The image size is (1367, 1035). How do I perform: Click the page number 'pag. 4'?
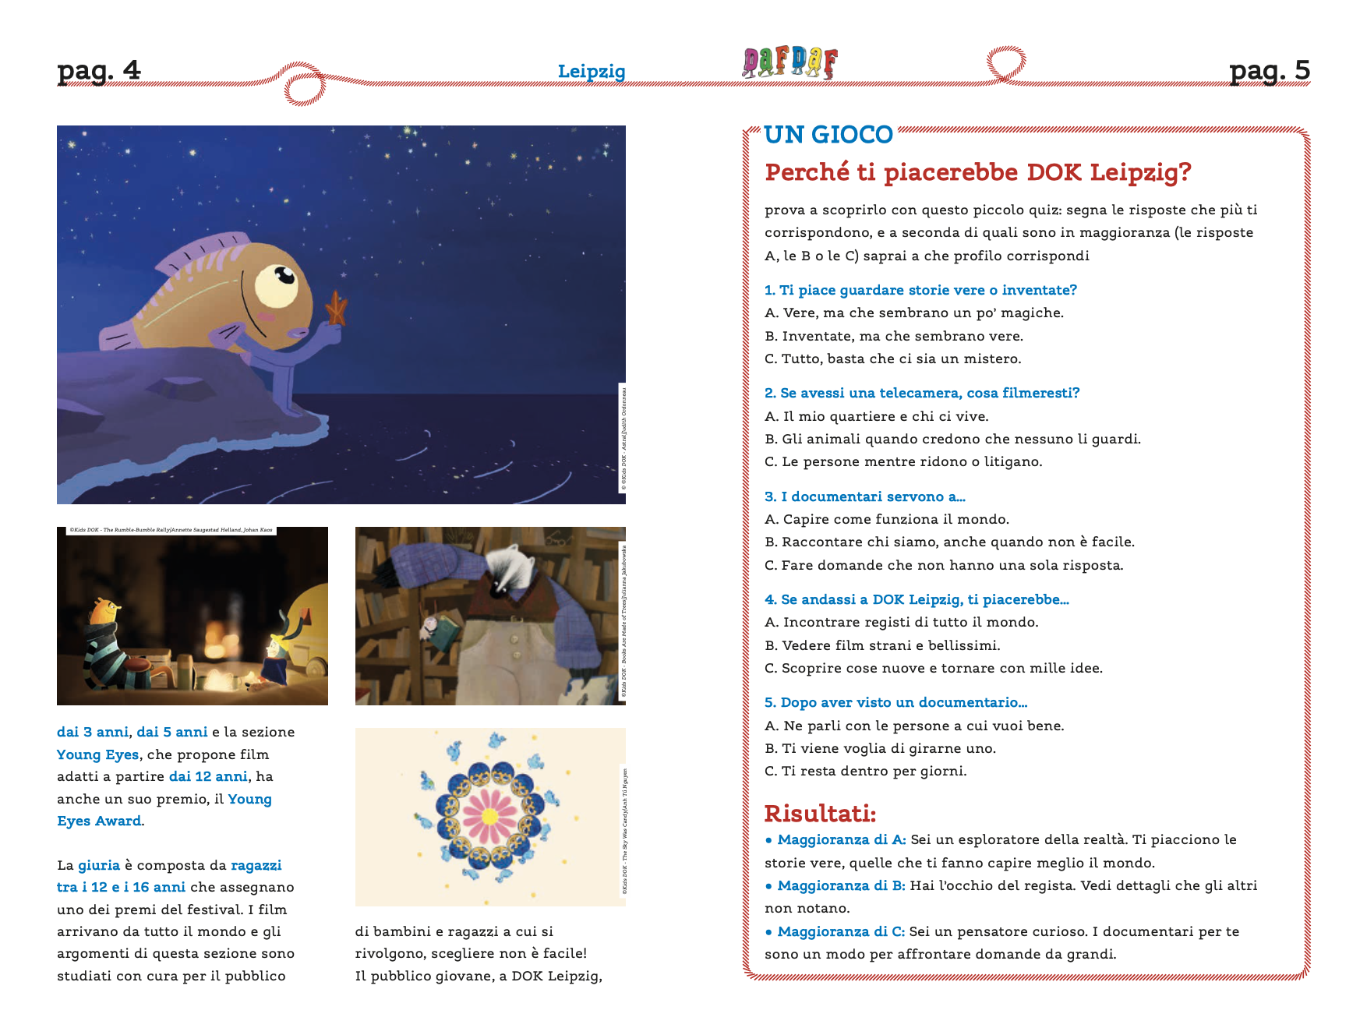pos(99,71)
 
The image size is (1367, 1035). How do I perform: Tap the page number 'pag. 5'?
pos(1269,71)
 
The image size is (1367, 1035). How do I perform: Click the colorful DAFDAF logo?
pos(789,62)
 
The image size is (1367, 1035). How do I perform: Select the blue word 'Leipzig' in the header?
pos(592,72)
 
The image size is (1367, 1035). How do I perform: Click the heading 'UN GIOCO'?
pos(828,135)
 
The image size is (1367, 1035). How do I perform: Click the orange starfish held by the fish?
pos(336,308)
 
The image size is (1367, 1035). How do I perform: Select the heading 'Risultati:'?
pos(820,814)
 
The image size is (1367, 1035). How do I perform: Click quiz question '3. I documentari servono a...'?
pos(864,496)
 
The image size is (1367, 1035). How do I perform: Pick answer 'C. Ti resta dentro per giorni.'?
pos(865,771)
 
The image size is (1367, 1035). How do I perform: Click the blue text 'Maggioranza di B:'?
pos(841,885)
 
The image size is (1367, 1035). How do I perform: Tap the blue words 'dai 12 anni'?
pos(208,776)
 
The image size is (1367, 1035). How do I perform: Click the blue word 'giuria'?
pos(99,865)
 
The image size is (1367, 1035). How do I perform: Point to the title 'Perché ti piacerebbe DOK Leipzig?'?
pos(977,172)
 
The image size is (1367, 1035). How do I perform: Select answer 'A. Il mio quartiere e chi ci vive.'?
pos(876,416)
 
